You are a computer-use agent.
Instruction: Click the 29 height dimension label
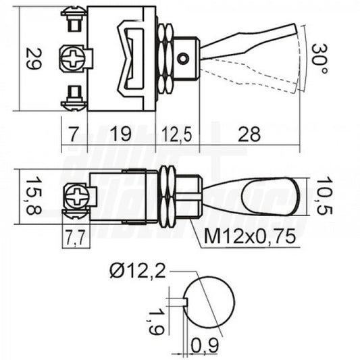34,59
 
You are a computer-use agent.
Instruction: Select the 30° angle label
319,58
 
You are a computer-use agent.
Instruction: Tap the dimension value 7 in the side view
74,134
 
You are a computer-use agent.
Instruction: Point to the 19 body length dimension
121,134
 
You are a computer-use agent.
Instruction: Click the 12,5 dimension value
177,134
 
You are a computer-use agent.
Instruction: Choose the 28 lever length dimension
249,134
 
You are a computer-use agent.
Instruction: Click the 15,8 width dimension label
34,196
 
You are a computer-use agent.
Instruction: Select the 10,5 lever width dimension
324,196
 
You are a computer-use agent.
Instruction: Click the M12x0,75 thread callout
250,236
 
